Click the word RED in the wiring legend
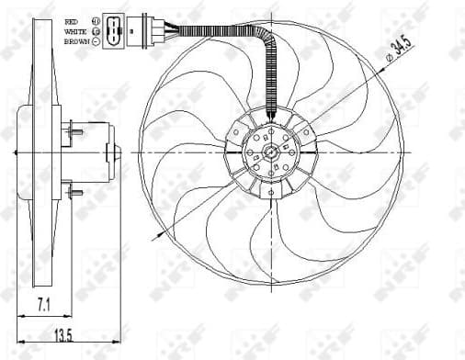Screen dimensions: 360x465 72,19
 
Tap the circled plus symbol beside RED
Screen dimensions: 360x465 96,19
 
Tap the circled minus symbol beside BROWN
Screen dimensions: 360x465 96,41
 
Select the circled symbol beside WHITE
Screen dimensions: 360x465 96,30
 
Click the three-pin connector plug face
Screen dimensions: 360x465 112,28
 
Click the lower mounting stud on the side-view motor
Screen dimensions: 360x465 74,194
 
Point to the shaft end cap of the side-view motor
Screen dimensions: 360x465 111,151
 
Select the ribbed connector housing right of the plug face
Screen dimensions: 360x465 137,28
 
